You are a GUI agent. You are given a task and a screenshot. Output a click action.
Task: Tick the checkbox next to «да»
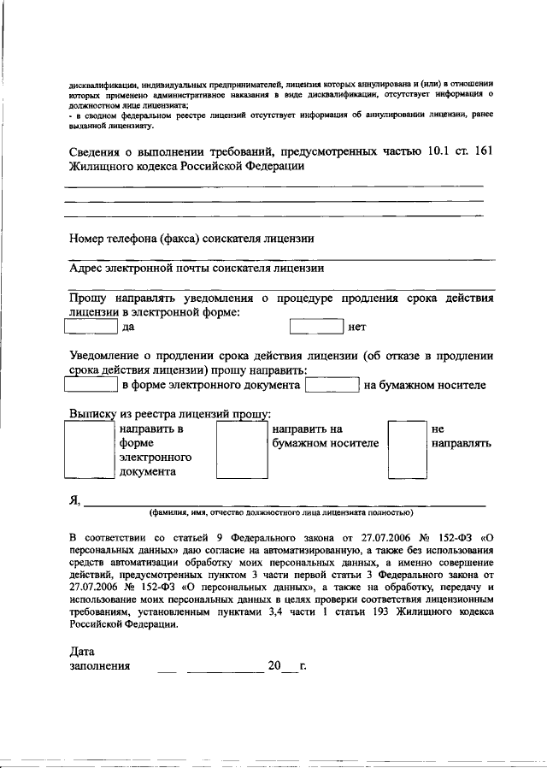pyautogui.click(x=91, y=326)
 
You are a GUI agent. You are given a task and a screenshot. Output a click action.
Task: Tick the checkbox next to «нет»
pyautogui.click(x=315, y=326)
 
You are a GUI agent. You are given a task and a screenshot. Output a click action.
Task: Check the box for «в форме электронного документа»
pyautogui.click(x=91, y=385)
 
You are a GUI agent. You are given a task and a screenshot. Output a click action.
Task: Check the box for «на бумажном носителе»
pyautogui.click(x=332, y=385)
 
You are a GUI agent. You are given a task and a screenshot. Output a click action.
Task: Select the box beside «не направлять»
pyautogui.click(x=406, y=448)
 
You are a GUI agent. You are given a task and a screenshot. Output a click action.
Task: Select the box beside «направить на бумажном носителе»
pyautogui.click(x=236, y=448)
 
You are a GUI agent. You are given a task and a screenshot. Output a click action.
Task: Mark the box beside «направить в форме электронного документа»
pyautogui.click(x=91, y=448)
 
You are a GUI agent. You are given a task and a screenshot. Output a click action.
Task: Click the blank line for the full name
pyautogui.click(x=282, y=503)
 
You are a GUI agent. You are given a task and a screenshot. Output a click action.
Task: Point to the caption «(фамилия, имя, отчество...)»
pyautogui.click(x=280, y=513)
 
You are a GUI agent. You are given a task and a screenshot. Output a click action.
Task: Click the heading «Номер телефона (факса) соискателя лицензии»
pyautogui.click(x=191, y=239)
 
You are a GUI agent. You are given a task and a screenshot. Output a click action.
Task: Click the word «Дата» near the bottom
pyautogui.click(x=83, y=650)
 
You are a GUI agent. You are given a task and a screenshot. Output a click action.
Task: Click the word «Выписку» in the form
pyautogui.click(x=92, y=413)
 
